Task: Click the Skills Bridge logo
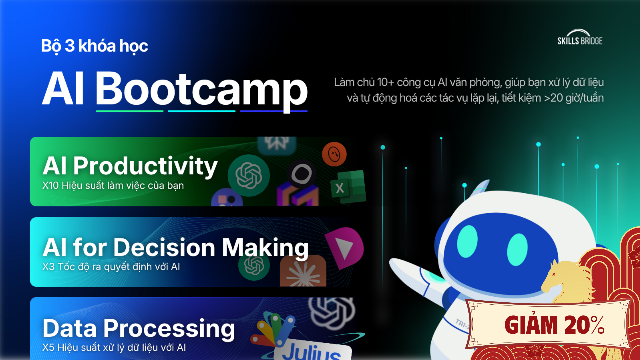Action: (x=580, y=37)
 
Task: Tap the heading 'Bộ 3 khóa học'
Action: (x=95, y=46)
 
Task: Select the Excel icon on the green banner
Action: (x=348, y=187)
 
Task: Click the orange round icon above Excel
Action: (x=334, y=154)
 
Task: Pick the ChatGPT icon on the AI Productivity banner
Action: (x=249, y=175)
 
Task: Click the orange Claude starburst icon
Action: (x=303, y=272)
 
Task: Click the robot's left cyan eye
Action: (x=467, y=241)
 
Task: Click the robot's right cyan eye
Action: (x=517, y=250)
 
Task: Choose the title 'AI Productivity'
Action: (x=130, y=166)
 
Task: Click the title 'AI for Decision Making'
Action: (x=175, y=247)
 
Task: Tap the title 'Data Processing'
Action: (x=139, y=329)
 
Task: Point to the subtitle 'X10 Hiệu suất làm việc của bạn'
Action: (x=113, y=185)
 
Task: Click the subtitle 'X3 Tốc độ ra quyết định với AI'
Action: (x=111, y=267)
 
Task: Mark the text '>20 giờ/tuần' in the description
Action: (x=574, y=98)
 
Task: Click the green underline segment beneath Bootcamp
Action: (x=130, y=111)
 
